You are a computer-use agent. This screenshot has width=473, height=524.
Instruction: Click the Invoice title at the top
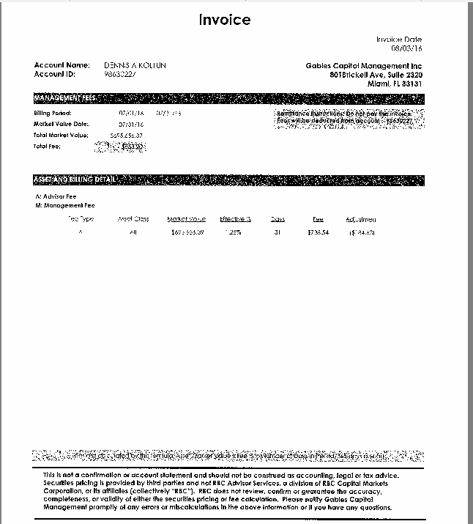coord(225,20)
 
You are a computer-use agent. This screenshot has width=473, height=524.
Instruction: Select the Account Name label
coord(62,65)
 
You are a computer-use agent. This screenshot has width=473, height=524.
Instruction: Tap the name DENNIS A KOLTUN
coord(135,65)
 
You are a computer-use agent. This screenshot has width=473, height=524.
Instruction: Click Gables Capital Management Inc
coord(363,66)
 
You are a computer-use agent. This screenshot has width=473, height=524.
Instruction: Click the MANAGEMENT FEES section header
coord(64,98)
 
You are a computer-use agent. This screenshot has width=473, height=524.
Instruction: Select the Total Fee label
coord(46,146)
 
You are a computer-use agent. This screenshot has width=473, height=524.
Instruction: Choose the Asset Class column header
coord(133,219)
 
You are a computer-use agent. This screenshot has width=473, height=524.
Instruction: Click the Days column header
coord(278,219)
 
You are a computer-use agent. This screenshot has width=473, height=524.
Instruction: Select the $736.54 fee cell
coord(318,232)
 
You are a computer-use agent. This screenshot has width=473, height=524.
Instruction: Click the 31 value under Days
coord(278,232)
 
